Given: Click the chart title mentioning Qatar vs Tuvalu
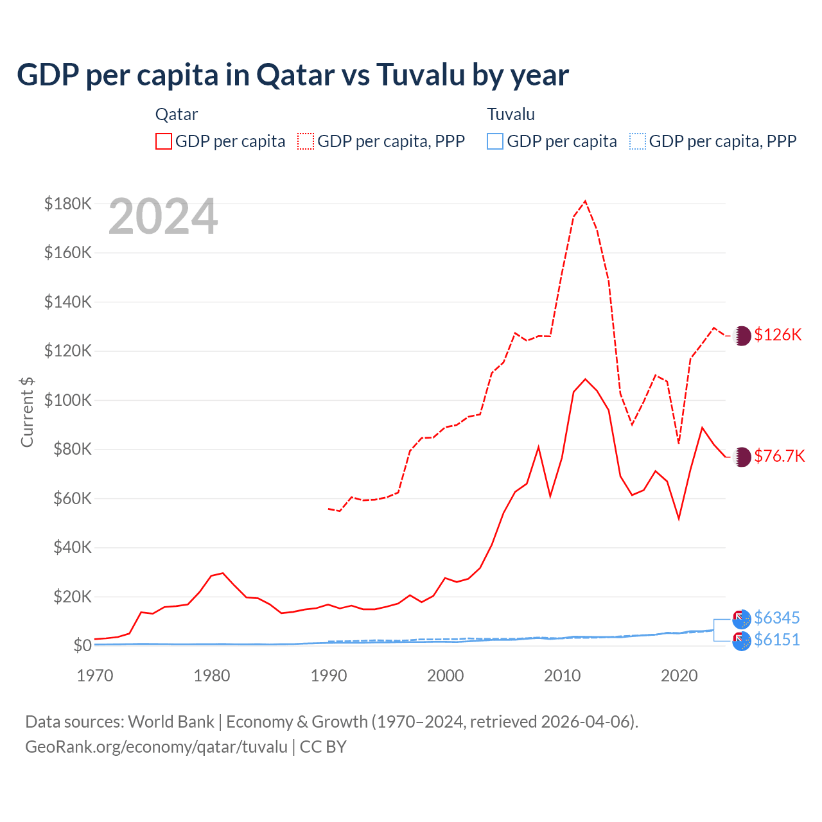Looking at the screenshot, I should pyautogui.click(x=293, y=74).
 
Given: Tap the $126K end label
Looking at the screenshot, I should pyautogui.click(x=778, y=335).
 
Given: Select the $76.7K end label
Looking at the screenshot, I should pyautogui.click(x=779, y=456).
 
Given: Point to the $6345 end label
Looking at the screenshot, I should pyautogui.click(x=776, y=618).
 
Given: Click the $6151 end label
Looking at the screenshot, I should pyautogui.click(x=776, y=640).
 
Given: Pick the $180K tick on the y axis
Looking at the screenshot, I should pyautogui.click(x=68, y=204).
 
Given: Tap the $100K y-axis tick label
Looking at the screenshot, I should pyautogui.click(x=68, y=400).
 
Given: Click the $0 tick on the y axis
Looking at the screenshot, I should pyautogui.click(x=82, y=645).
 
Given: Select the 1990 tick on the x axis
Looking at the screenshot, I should pyautogui.click(x=329, y=676).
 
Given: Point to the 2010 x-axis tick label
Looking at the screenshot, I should pyautogui.click(x=563, y=676).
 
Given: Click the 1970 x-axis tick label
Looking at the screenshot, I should pyautogui.click(x=95, y=676).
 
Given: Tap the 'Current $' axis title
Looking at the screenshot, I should pyautogui.click(x=27, y=412).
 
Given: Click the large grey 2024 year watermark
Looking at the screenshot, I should pyautogui.click(x=163, y=217).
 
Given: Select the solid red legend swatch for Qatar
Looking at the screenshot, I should pyautogui.click(x=164, y=141).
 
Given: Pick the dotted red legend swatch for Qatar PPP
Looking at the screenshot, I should pyautogui.click(x=306, y=141).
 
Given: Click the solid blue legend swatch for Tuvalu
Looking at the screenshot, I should pyautogui.click(x=495, y=141).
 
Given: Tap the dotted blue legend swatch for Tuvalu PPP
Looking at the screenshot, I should pyautogui.click(x=638, y=141).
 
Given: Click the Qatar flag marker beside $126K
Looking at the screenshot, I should pyautogui.click(x=742, y=335).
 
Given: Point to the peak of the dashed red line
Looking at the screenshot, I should pyautogui.click(x=585, y=201).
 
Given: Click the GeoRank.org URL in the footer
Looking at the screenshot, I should pyautogui.click(x=156, y=747).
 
